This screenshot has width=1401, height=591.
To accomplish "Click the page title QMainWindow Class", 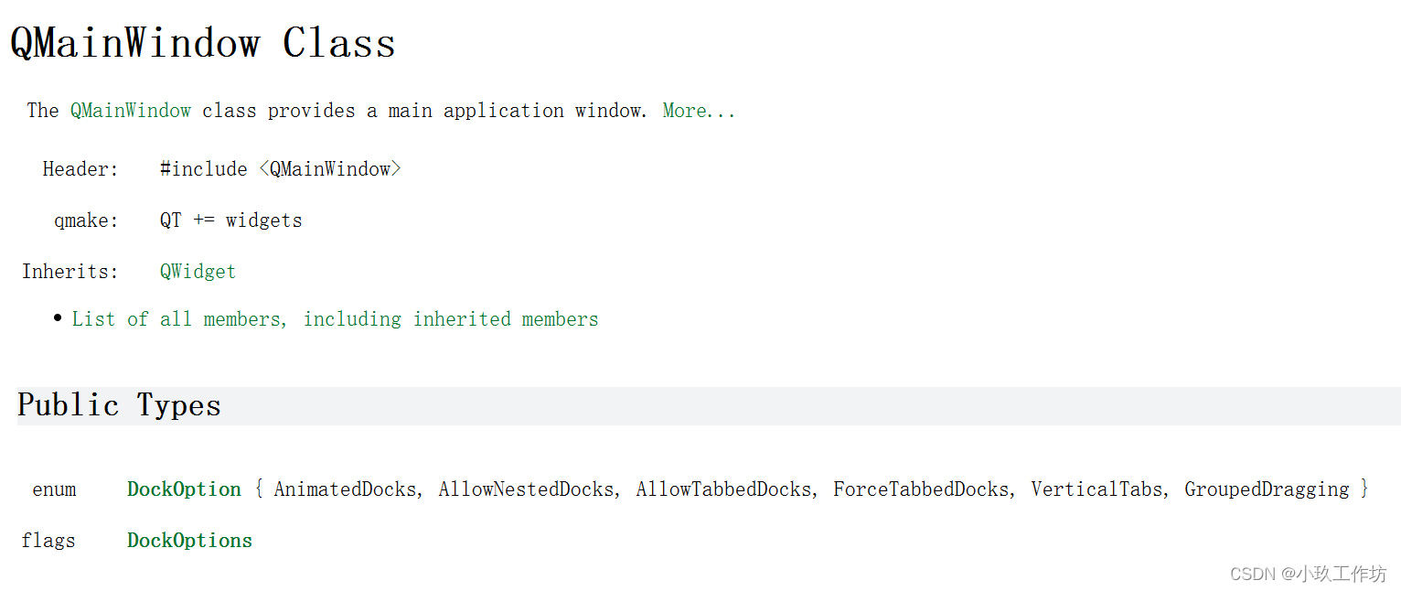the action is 202,43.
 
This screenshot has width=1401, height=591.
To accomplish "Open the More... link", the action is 699,111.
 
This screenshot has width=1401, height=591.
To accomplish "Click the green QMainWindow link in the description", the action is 131,111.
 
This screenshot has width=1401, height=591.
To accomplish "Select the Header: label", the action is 80,169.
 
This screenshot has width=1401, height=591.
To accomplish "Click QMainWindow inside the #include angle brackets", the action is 330,169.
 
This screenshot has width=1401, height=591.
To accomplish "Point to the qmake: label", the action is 86,220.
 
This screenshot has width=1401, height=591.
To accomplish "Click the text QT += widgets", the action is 230,220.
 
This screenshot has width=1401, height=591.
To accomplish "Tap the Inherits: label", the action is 70,272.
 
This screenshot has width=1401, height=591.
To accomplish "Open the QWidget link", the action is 198,272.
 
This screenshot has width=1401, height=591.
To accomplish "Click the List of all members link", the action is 335,319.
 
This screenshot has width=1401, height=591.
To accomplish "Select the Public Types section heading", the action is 119,405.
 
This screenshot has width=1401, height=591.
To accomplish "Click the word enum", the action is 54,489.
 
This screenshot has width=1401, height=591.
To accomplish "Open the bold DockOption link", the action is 184,489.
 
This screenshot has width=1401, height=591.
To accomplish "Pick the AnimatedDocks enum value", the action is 345,489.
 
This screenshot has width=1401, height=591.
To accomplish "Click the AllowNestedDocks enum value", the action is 526,489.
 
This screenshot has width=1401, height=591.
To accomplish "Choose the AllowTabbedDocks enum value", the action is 723,489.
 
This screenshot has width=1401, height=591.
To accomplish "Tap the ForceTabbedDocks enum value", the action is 921,489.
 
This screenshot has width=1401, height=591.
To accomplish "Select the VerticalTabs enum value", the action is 1096,489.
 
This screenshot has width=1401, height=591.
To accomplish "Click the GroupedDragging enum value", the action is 1267,489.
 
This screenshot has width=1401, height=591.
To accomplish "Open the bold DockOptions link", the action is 189,541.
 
